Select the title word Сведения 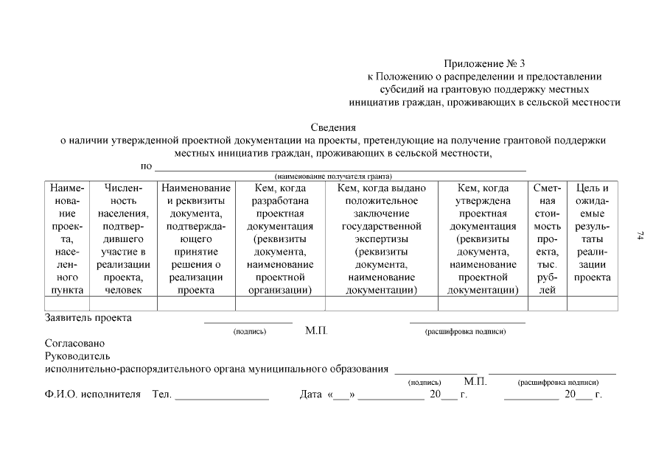pyautogui.click(x=333, y=127)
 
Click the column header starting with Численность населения pyautogui.click(x=123, y=239)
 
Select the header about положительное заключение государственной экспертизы pyautogui.click(x=381, y=239)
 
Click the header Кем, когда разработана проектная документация pyautogui.click(x=280, y=239)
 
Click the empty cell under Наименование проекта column pyautogui.click(x=66, y=303)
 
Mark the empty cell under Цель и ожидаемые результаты pyautogui.click(x=592, y=303)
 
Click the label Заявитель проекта pyautogui.click(x=88, y=318)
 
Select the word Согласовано pyautogui.click(x=74, y=343)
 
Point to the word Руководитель pyautogui.click(x=77, y=356)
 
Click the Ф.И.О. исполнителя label pyautogui.click(x=92, y=395)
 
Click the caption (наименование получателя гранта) pyautogui.click(x=333, y=177)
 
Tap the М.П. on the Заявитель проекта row pyautogui.click(x=316, y=331)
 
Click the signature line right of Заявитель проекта pyautogui.click(x=248, y=322)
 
